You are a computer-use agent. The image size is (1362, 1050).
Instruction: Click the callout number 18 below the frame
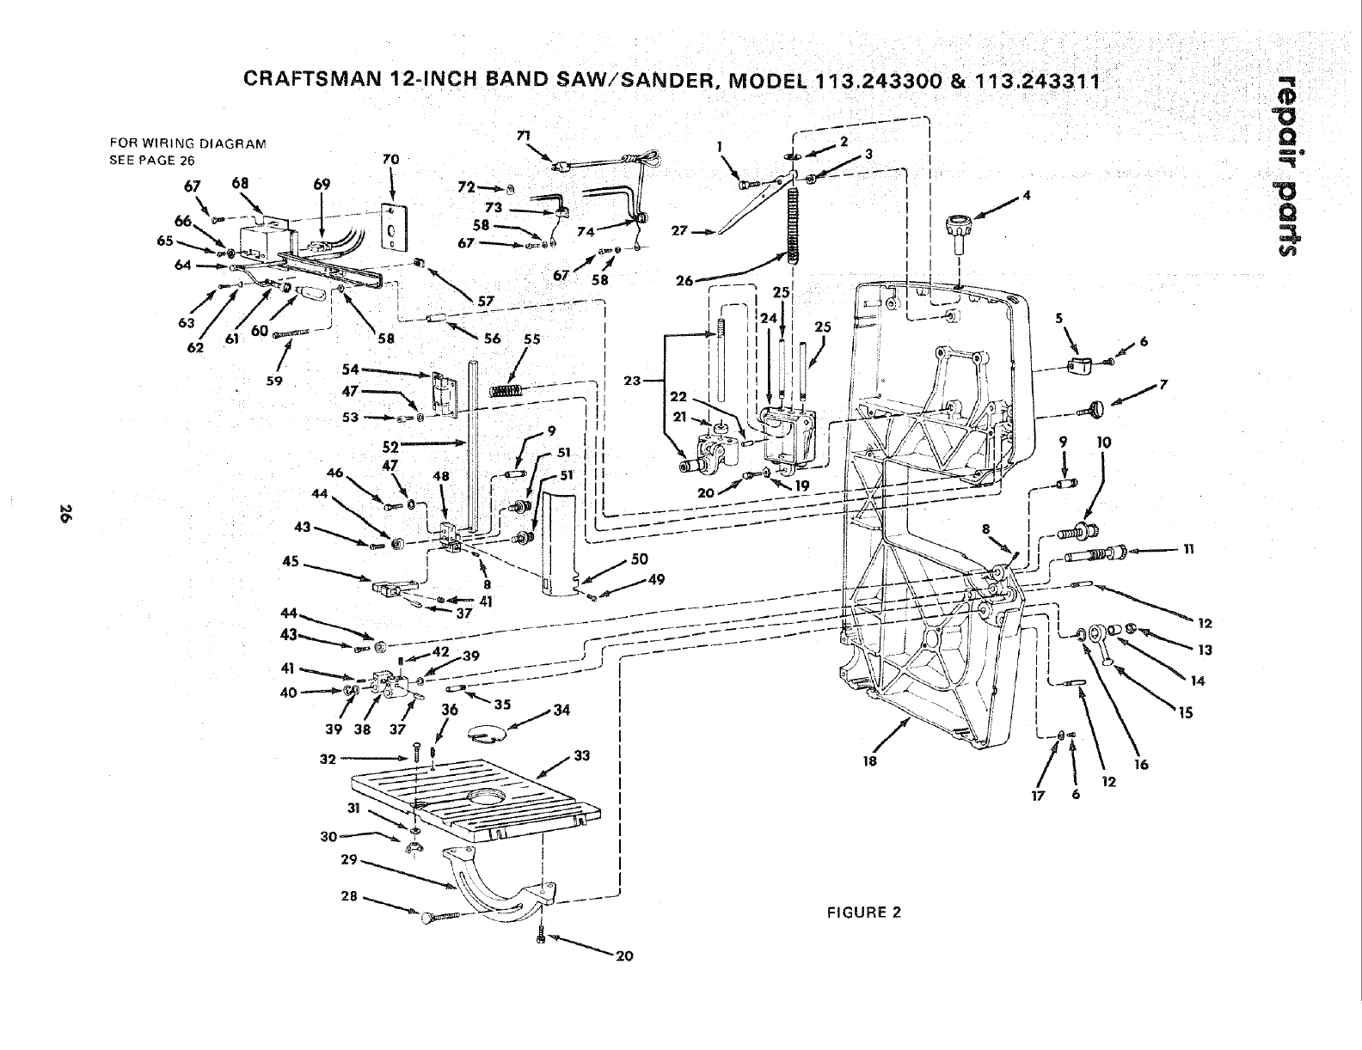(870, 760)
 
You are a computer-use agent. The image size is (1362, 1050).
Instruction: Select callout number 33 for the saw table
(582, 757)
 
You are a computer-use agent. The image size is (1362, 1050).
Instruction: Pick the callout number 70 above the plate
(390, 160)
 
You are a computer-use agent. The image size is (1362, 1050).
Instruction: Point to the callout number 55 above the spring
(532, 340)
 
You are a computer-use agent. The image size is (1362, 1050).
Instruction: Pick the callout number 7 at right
(1163, 384)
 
